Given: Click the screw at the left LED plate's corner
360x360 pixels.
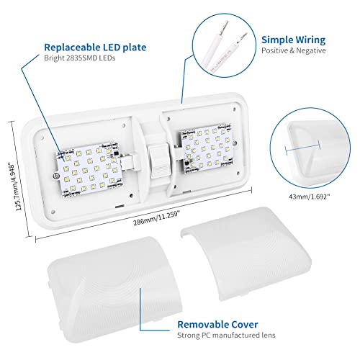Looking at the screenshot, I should [x=55, y=176].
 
